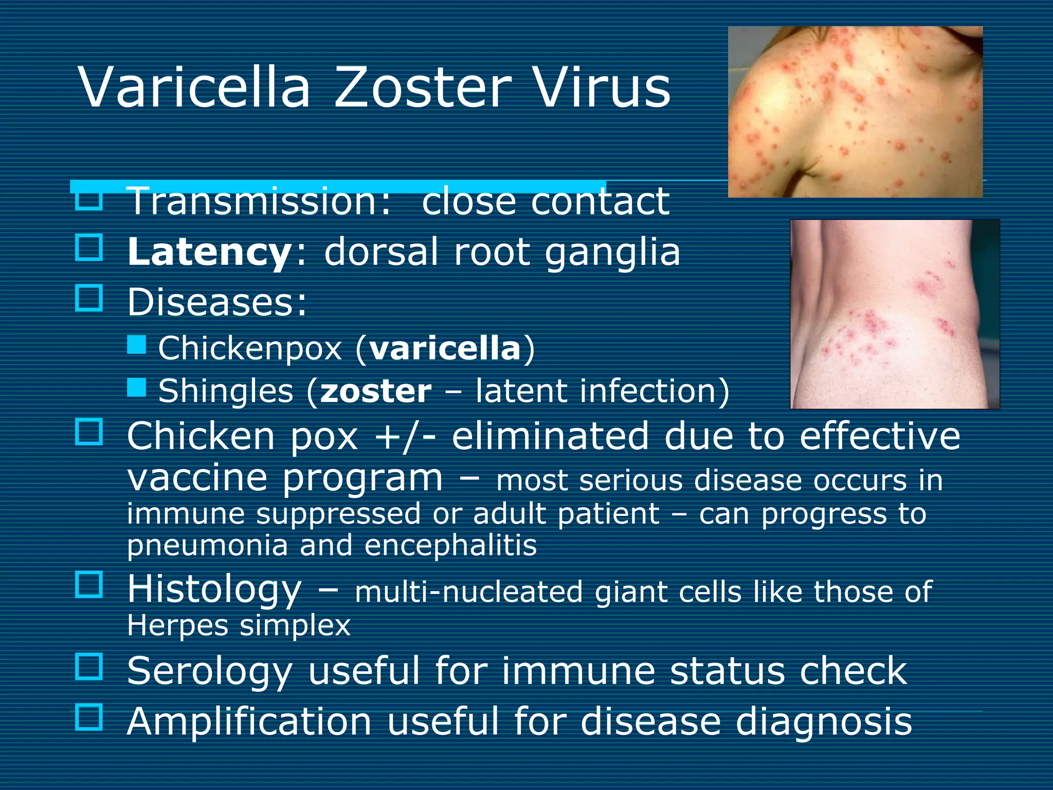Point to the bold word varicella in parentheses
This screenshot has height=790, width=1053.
click(x=445, y=348)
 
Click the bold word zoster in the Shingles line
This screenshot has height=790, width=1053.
click(x=376, y=391)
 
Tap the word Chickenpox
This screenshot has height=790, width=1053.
click(x=250, y=349)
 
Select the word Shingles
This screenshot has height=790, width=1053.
click(x=226, y=391)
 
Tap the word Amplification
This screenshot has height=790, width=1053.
click(x=249, y=721)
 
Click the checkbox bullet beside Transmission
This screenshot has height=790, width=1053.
click(x=89, y=200)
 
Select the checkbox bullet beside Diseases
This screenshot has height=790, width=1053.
click(x=89, y=297)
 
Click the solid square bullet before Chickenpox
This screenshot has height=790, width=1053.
click(x=137, y=345)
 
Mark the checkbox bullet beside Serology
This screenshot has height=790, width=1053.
click(x=89, y=667)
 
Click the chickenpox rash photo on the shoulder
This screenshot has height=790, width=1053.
click(x=855, y=112)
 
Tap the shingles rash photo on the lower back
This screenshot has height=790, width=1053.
click(x=895, y=314)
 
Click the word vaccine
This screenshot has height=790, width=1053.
click(x=197, y=478)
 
